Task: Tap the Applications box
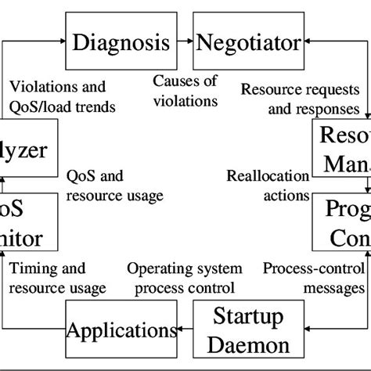point(122,331)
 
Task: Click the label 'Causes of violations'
point(185,91)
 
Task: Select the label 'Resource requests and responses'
point(300,100)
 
